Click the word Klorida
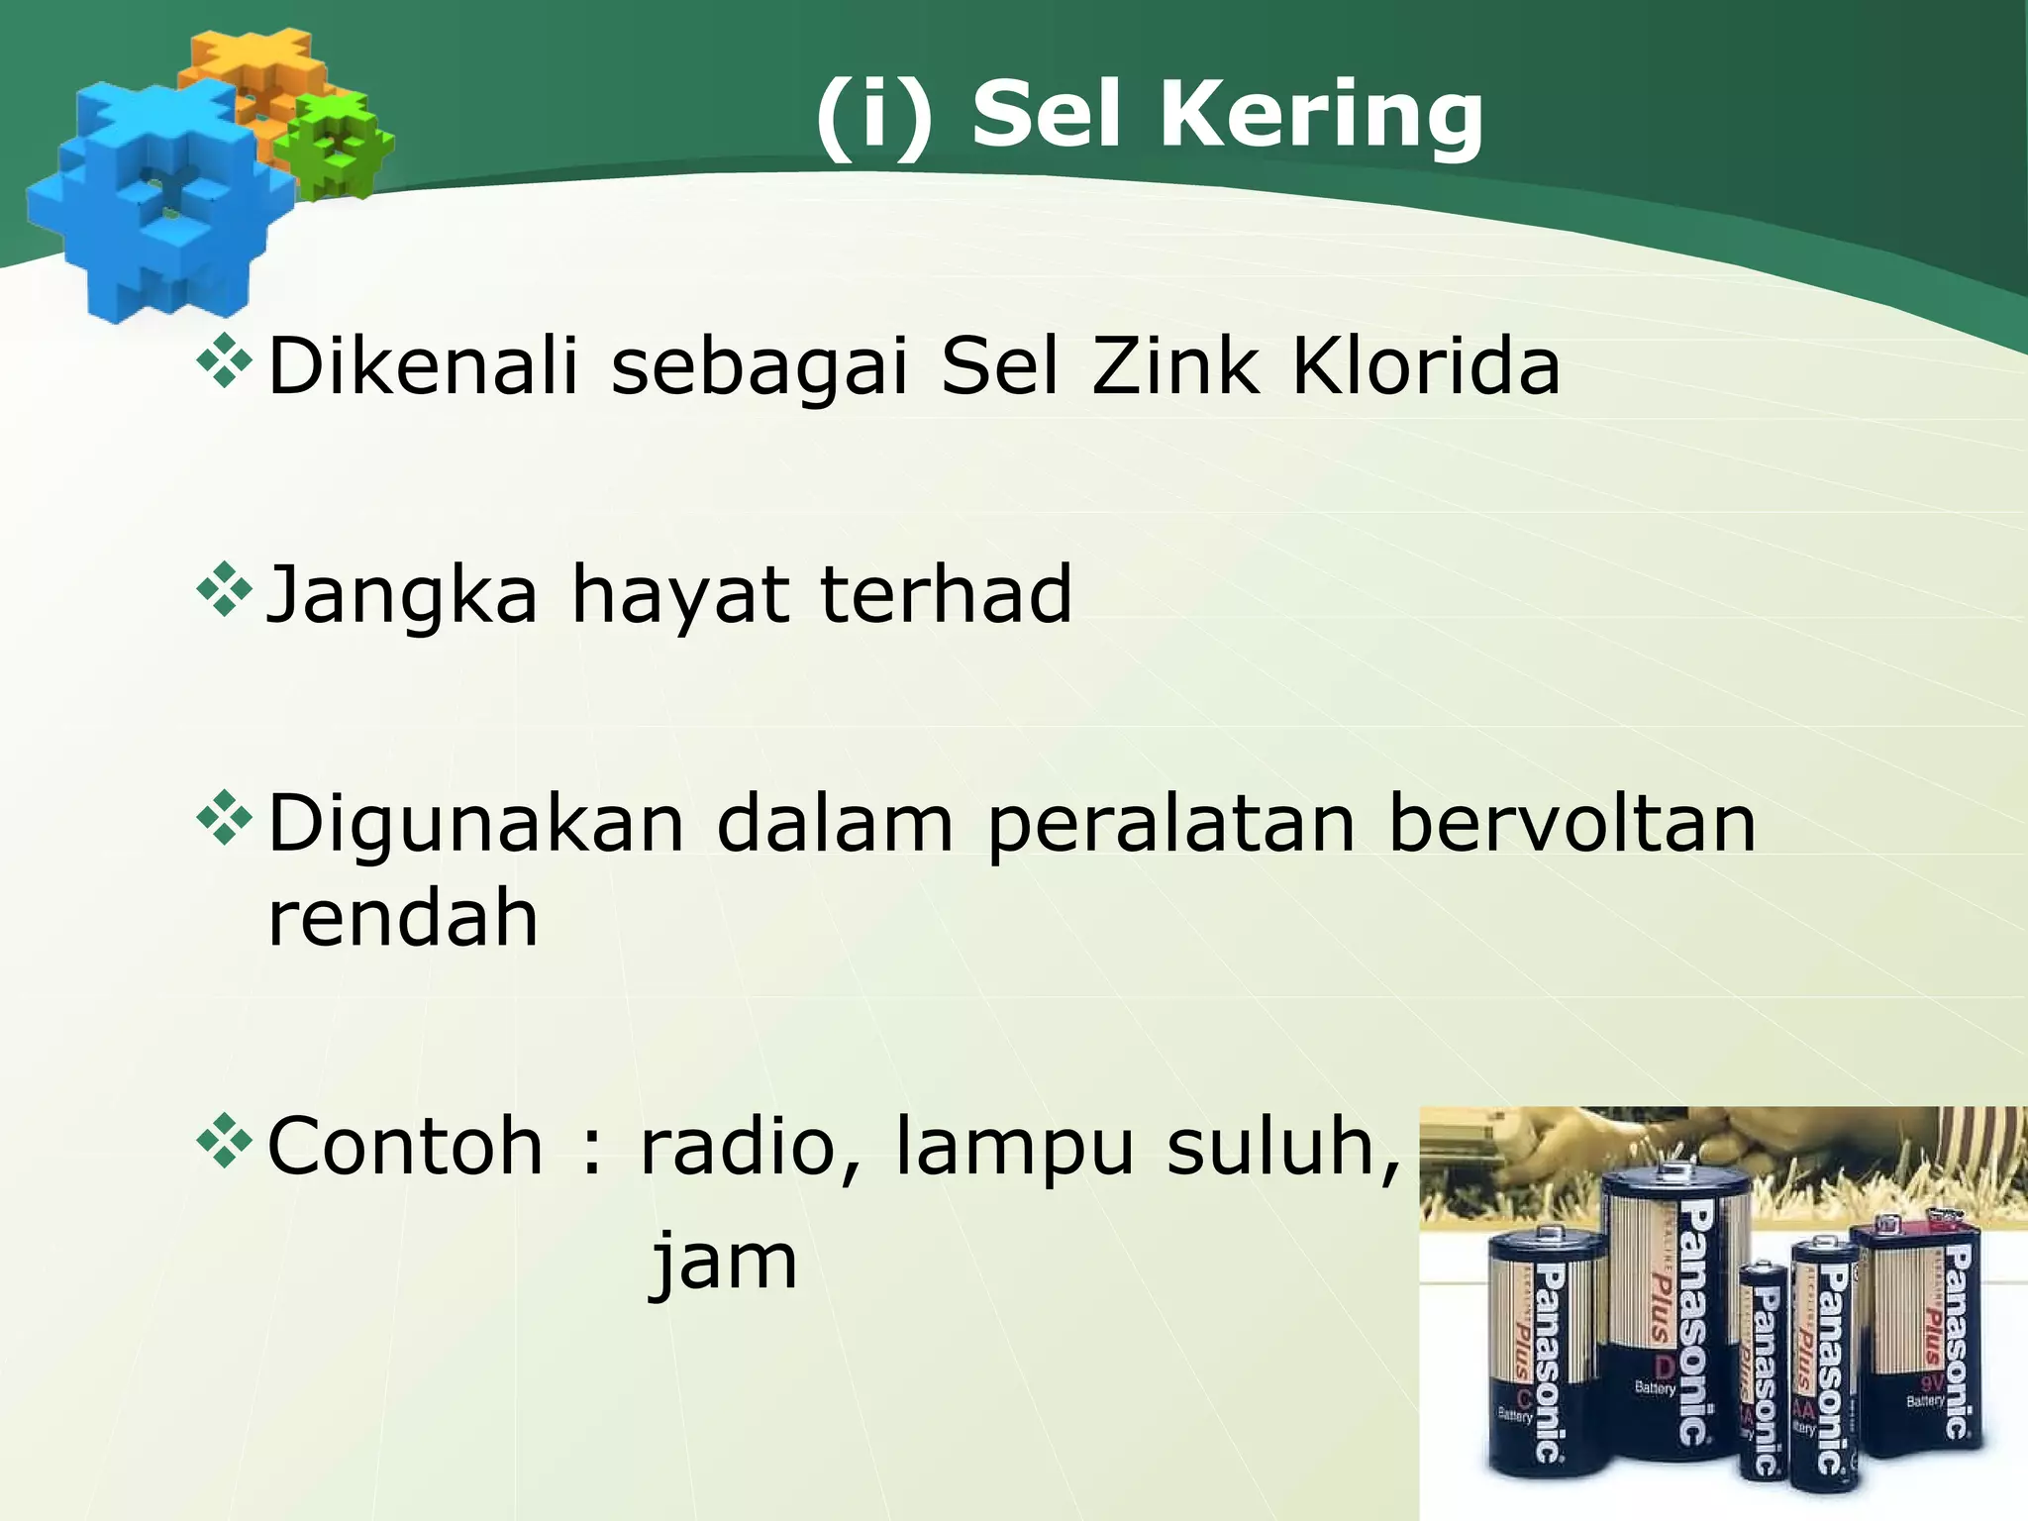pos(1426,366)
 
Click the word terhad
pos(946,594)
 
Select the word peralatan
pos(1170,826)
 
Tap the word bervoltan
pos(1572,824)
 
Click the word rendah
pos(403,918)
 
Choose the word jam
pos(724,1263)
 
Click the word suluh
pos(1283,1147)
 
